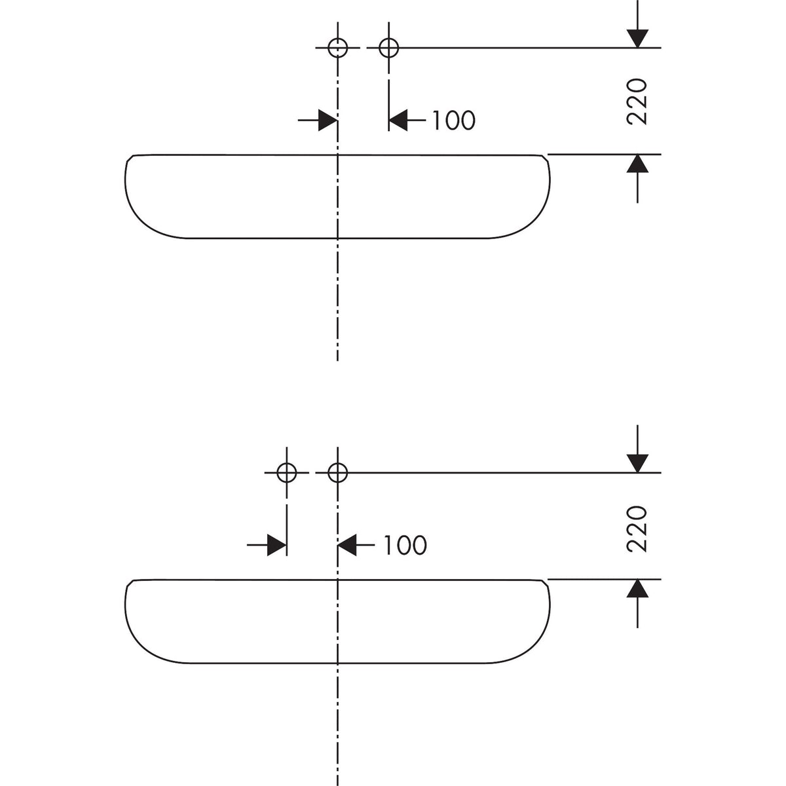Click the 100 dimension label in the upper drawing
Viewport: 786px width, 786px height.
[453, 121]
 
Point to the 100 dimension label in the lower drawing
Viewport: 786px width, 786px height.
[405, 545]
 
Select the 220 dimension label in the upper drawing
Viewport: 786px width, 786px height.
[636, 102]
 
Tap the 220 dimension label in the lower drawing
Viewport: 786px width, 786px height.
[636, 529]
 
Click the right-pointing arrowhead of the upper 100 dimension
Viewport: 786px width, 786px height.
[327, 121]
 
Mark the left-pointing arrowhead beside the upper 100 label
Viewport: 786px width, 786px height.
[398, 121]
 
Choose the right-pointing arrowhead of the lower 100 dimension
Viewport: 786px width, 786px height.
[276, 545]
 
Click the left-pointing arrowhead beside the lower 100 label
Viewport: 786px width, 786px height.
[347, 545]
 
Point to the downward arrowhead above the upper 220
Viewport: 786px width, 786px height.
[637, 39]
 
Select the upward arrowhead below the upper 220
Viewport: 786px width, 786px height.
[637, 164]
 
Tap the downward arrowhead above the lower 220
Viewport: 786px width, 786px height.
[637, 464]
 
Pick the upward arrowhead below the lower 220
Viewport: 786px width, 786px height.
[637, 589]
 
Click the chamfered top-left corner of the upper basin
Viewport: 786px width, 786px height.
[130, 158]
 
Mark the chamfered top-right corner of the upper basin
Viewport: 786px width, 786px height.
[546, 158]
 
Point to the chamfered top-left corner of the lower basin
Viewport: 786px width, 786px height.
[130, 583]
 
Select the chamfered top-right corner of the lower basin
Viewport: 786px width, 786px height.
[546, 583]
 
